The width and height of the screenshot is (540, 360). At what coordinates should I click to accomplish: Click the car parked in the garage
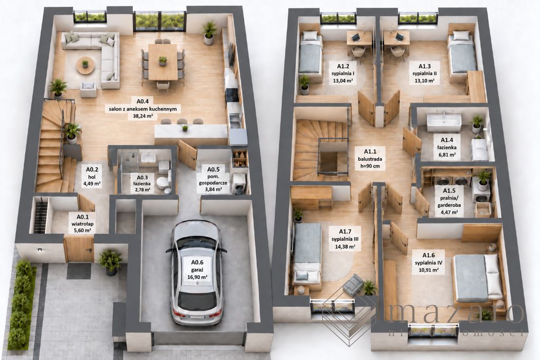(196, 272)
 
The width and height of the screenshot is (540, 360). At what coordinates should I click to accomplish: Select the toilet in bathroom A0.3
(161, 183)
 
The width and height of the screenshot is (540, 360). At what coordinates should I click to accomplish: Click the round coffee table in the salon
(85, 65)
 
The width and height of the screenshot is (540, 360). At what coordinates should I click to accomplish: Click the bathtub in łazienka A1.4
(444, 122)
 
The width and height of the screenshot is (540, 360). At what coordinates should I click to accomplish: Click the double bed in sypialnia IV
(477, 278)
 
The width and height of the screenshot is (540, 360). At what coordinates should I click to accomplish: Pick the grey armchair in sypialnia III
(353, 285)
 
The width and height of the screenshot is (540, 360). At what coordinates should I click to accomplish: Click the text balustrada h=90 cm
(370, 162)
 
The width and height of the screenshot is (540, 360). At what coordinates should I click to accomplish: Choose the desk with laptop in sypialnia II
(396, 38)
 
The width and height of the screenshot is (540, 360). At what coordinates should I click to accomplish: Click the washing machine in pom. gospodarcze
(239, 183)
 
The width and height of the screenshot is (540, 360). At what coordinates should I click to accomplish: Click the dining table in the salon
(163, 62)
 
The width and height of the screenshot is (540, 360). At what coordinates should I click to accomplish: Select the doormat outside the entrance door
(79, 271)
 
